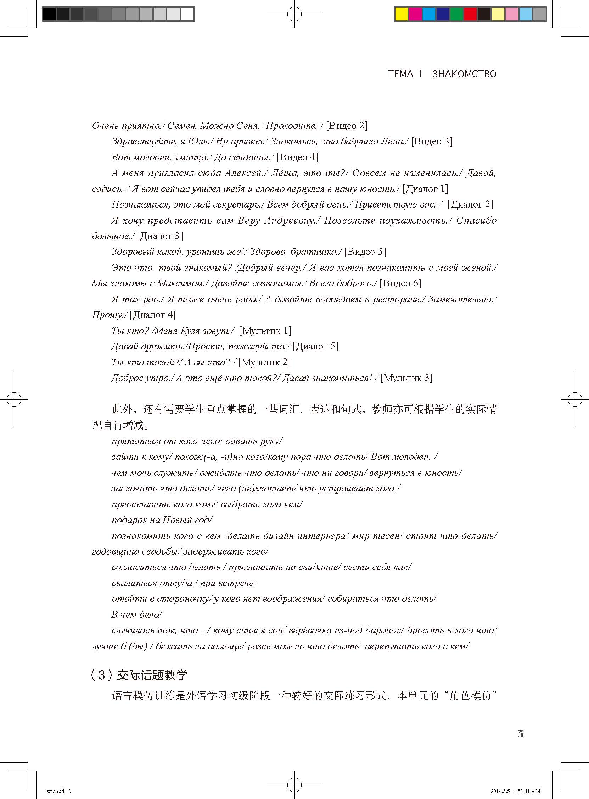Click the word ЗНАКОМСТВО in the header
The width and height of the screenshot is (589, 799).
(464, 74)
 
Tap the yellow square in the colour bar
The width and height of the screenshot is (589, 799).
(402, 14)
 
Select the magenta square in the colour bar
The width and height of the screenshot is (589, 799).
(415, 14)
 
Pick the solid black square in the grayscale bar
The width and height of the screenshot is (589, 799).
(49, 14)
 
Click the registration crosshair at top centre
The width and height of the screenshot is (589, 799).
(294, 14)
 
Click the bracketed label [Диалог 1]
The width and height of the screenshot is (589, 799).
(425, 189)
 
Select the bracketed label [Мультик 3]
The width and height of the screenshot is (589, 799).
(406, 378)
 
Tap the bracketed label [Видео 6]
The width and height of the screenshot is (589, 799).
(400, 283)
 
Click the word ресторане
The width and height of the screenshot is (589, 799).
(397, 299)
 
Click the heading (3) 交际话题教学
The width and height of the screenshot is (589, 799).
(139, 674)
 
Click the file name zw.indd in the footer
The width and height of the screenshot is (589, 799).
(55, 791)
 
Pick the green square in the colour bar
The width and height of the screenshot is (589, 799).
(456, 14)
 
